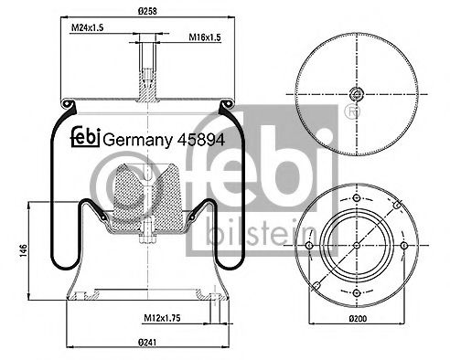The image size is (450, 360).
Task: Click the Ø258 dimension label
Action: (147, 11)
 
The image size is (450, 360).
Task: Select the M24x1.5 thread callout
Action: (87, 27)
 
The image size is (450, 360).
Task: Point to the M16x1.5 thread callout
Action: (205, 37)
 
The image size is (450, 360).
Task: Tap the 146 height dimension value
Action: (24, 250)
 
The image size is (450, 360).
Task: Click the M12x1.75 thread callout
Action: (162, 318)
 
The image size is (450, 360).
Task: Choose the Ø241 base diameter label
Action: (147, 343)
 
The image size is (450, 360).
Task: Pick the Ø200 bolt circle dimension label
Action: (358, 319)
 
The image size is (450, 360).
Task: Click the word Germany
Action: (138, 141)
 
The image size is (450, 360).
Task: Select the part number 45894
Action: (201, 140)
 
